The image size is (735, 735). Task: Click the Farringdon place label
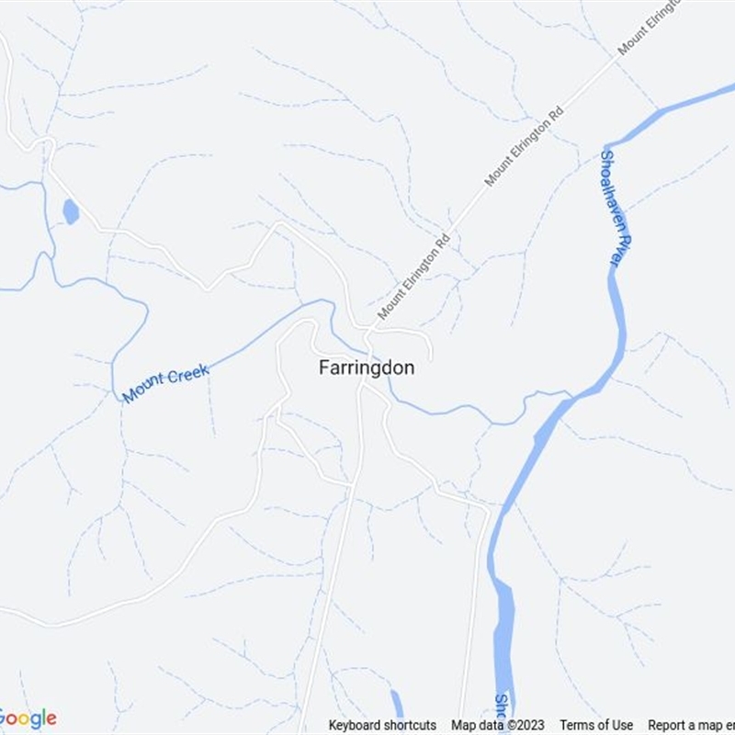(367, 367)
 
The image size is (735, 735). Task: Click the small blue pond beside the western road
(70, 212)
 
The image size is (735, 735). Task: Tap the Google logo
(28, 718)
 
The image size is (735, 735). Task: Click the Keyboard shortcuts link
(382, 725)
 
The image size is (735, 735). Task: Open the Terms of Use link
(596, 725)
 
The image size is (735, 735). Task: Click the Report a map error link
(691, 725)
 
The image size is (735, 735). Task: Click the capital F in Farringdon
(324, 367)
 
